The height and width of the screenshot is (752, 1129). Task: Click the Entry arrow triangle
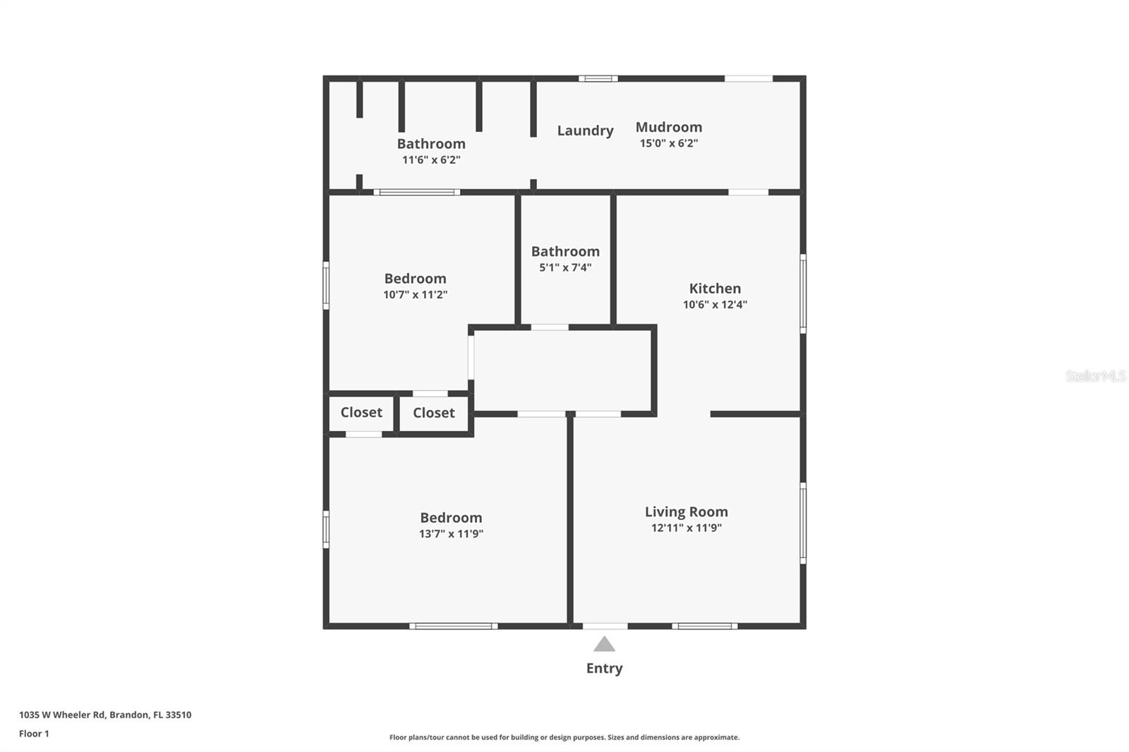tap(604, 645)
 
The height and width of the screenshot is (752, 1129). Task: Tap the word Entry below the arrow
tap(604, 668)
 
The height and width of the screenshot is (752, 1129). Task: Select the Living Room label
tap(686, 512)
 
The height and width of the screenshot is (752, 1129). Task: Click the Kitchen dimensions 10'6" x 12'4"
tap(715, 305)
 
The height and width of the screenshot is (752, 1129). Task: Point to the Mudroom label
tap(668, 127)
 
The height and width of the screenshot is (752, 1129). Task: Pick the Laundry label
tap(585, 131)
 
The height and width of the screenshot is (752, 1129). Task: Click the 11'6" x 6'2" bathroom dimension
tap(431, 160)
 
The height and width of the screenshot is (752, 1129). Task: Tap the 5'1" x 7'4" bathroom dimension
tap(565, 267)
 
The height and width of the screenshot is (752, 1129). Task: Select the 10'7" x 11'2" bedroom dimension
tap(415, 295)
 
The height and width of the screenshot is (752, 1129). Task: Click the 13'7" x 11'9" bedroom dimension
tap(451, 534)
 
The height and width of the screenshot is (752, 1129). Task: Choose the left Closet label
tap(361, 413)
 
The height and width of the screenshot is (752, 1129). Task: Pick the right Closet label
tap(433, 413)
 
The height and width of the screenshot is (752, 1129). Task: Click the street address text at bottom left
tap(105, 715)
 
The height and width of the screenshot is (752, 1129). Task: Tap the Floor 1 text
tap(34, 734)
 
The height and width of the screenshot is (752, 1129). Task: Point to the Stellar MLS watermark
tap(1095, 376)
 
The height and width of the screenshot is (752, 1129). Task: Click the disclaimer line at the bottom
tap(564, 737)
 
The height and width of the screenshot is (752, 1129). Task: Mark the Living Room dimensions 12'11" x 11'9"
tap(686, 528)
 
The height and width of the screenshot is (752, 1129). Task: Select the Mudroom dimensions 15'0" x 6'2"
tap(668, 143)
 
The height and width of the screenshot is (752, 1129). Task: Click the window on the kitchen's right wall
tap(803, 293)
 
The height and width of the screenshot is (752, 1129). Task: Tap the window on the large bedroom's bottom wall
tap(453, 626)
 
